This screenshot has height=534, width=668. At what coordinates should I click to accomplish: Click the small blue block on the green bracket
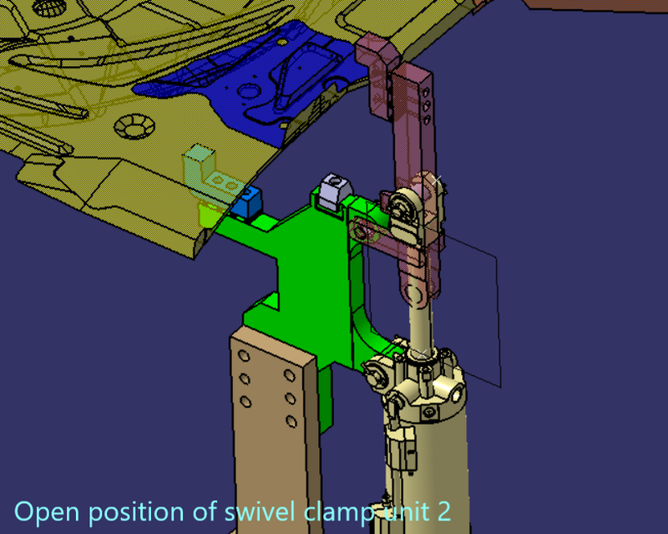tap(247, 202)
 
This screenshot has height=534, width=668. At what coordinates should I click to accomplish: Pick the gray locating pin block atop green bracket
tap(332, 190)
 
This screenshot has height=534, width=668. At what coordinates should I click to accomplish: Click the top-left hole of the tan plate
tap(244, 357)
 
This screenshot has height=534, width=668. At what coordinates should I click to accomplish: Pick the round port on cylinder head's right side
tap(457, 389)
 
